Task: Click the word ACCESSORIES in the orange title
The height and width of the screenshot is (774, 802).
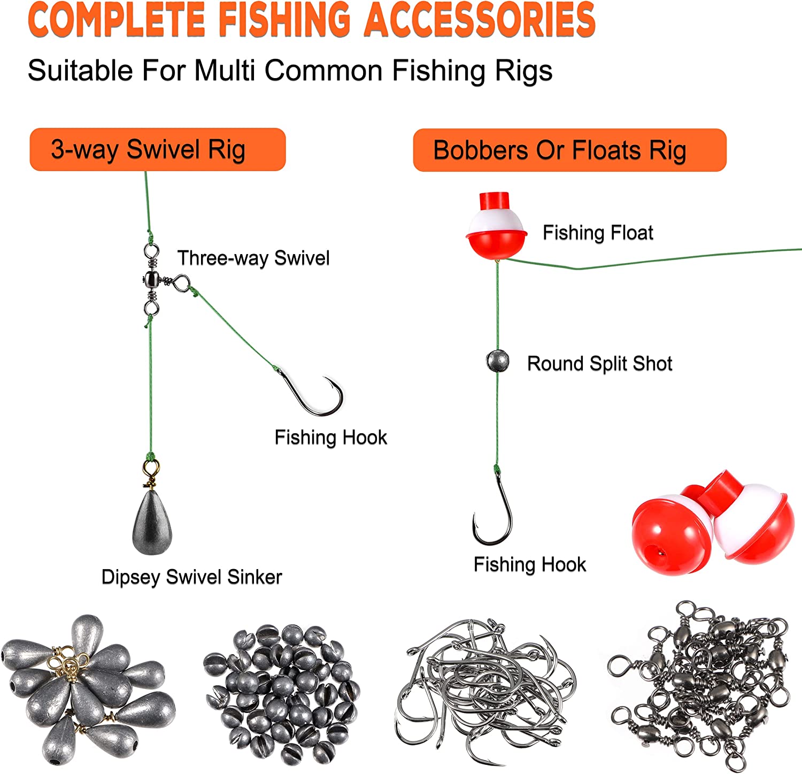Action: coord(480,19)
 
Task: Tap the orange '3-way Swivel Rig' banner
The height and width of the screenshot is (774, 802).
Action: coord(158,150)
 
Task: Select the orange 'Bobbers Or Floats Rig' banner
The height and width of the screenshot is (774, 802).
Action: coord(569,150)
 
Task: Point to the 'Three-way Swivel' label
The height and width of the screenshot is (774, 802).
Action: coord(253,258)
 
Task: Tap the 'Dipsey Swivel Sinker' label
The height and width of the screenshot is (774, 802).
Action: coord(191,577)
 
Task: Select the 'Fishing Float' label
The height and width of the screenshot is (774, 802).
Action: coord(598,233)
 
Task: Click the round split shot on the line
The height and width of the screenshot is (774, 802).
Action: coord(498,361)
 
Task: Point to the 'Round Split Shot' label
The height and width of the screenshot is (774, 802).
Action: coord(599,364)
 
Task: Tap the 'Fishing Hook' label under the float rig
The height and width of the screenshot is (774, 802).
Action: coord(529,564)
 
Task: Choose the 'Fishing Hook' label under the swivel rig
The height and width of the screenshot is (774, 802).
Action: coord(330,438)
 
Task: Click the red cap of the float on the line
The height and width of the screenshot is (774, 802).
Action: coord(495,201)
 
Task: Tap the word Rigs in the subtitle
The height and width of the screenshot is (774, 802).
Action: coord(524,71)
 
